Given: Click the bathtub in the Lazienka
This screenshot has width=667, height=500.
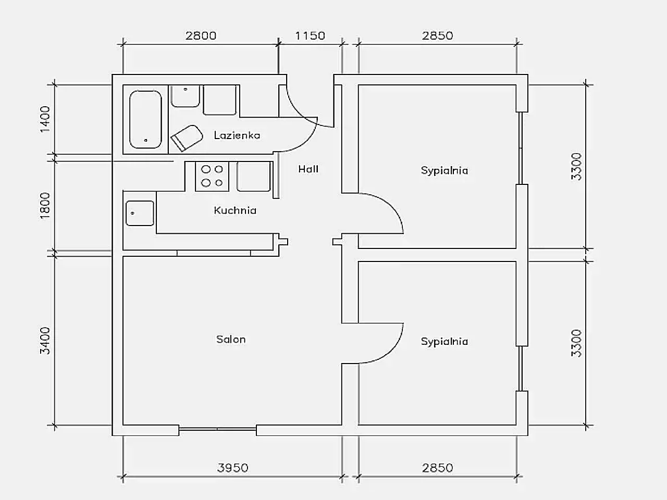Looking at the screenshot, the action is click(145, 119).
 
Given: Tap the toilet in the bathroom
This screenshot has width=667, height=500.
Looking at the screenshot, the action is click(187, 138).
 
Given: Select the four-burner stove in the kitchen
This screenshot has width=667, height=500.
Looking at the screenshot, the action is click(212, 176).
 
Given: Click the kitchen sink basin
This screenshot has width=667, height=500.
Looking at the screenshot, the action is click(140, 213).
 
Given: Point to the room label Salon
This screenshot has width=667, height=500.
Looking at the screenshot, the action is click(231, 339).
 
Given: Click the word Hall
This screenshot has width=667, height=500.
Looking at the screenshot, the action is click(308, 169).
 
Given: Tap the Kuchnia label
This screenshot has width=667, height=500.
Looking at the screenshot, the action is click(235, 210).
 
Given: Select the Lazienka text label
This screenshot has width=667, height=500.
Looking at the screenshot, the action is click(237, 135).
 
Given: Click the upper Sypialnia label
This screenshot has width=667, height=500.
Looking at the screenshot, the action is click(444, 171).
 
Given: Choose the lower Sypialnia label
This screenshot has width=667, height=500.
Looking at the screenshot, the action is click(444, 342).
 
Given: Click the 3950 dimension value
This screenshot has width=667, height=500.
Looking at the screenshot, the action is click(233, 468).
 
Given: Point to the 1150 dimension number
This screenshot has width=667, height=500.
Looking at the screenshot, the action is click(310, 36).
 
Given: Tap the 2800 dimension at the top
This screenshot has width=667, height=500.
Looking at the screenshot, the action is click(201, 36).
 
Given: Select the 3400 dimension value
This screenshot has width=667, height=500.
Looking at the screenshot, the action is click(45, 341).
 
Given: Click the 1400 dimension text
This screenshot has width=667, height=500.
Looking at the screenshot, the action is click(45, 119).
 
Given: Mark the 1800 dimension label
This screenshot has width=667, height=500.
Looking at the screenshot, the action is click(45, 206).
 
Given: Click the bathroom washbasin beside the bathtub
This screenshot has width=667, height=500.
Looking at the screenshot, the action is click(185, 96).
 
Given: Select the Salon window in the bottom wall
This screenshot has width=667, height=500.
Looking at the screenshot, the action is click(217, 429).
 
